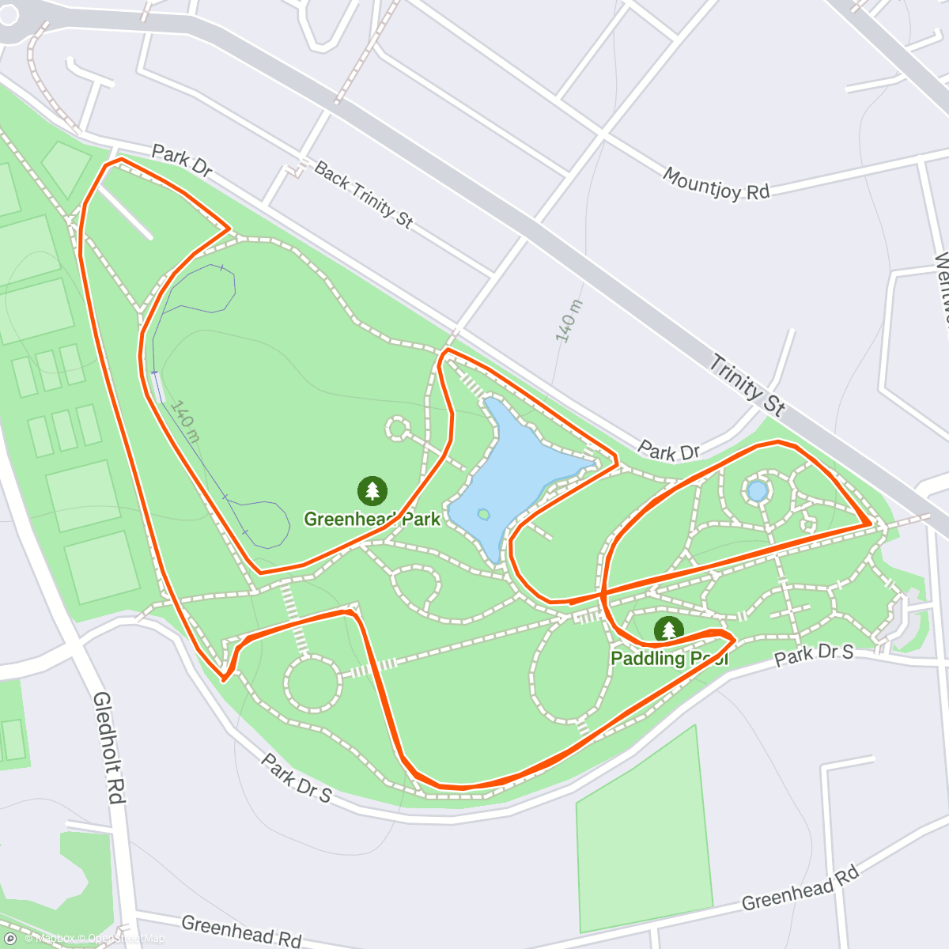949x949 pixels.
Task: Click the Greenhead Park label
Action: [372, 520]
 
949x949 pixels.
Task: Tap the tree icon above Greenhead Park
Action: [372, 490]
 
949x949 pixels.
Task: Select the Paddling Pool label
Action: [669, 658]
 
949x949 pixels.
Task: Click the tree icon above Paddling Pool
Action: [669, 630]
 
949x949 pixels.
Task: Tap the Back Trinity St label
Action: [363, 194]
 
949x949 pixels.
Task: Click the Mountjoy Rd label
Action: [716, 183]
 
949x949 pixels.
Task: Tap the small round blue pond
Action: [758, 491]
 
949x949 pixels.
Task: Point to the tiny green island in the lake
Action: [483, 514]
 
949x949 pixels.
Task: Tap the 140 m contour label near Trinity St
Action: [568, 321]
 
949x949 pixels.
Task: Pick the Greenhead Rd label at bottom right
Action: [800, 888]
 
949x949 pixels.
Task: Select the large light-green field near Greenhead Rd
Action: [641, 830]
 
